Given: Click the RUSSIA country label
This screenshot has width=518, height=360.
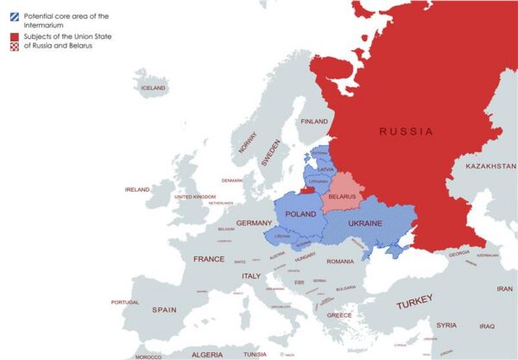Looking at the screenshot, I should pos(406,131).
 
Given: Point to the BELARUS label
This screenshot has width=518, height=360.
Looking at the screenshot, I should pos(342,196).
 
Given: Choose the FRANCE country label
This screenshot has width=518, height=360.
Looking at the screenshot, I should pos(209,259).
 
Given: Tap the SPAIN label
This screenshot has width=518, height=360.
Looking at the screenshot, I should pos(164,309).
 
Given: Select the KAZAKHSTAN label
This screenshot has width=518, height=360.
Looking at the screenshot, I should pos(490,166).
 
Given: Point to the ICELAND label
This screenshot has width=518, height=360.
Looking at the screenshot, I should pos(153,87).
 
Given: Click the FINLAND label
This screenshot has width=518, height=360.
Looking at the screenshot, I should pos(314,122).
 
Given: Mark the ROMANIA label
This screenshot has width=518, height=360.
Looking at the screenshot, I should pos(341,261).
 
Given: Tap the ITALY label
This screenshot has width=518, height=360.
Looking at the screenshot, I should pos(250,275).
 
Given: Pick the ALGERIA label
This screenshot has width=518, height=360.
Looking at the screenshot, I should pos(206,354).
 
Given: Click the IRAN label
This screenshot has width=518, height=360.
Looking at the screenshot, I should pos(504,289).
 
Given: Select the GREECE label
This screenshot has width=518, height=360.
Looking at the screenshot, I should pos(338,315).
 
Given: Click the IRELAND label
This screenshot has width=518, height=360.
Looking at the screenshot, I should pos(137,189).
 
